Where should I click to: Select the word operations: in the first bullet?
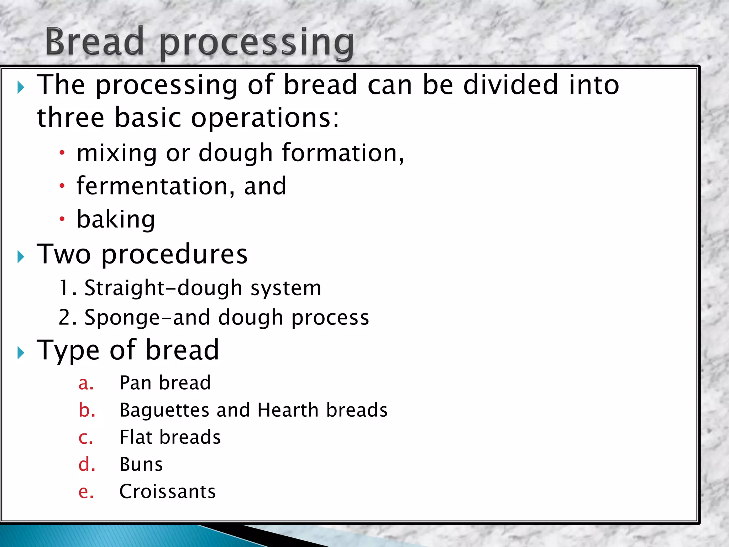[x=265, y=118]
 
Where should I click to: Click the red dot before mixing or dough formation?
[x=62, y=153]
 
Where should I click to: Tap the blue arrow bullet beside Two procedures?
[x=21, y=256]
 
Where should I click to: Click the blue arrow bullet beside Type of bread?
[x=21, y=353]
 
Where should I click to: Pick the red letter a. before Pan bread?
[x=86, y=383]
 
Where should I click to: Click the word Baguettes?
[x=164, y=410]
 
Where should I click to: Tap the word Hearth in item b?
[x=288, y=410]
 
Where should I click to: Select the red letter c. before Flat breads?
[x=86, y=438]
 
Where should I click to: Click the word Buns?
[x=141, y=464]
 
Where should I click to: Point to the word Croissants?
[x=167, y=492]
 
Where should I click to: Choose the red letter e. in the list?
[x=86, y=492]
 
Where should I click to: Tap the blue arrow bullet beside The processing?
[x=21, y=87]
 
